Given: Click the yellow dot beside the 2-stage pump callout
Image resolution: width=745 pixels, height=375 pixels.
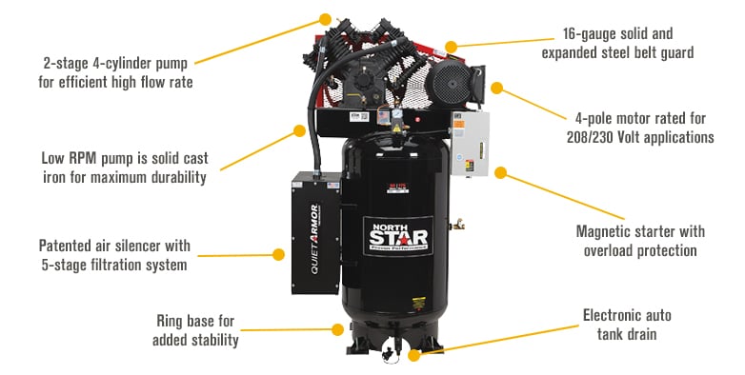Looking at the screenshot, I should click(326, 18).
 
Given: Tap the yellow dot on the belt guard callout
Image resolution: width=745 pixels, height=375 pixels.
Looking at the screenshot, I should click(452, 45).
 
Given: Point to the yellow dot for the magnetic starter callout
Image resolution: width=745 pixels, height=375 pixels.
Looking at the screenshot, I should click(500, 173).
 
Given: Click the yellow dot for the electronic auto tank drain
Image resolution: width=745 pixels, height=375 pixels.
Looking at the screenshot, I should click(413, 356).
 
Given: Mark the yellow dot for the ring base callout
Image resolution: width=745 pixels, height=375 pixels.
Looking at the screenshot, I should click(337, 330).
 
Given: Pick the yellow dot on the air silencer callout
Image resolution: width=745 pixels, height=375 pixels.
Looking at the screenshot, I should click(278, 254).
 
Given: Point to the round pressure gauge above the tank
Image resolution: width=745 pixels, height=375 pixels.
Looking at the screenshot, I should click(393, 115).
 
